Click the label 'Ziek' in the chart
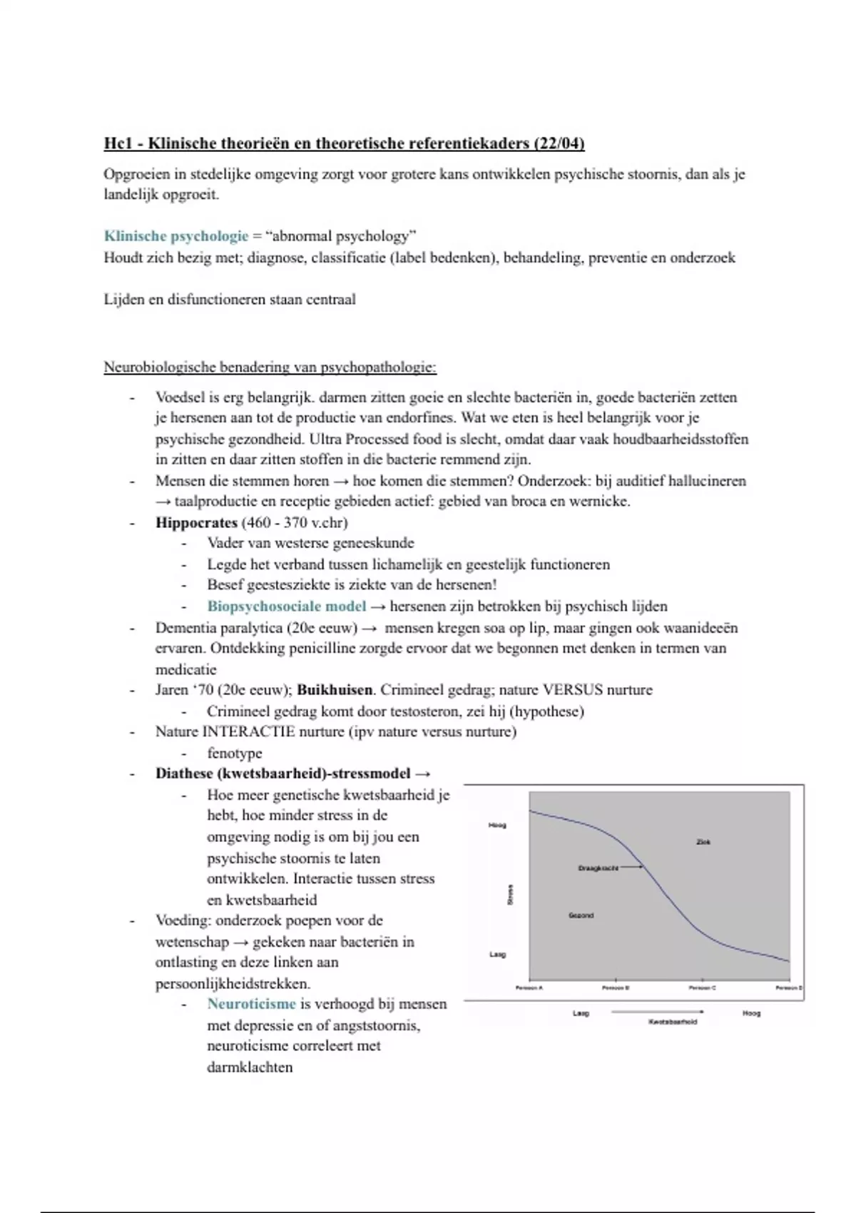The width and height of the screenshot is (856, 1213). (703, 842)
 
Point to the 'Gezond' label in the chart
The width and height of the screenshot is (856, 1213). (581, 915)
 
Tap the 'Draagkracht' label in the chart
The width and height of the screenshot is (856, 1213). (598, 868)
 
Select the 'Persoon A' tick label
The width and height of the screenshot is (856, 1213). (529, 988)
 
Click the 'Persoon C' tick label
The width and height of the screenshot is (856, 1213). (703, 988)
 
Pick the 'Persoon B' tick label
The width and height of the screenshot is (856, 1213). (616, 988)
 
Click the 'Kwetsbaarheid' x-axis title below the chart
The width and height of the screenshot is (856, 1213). (673, 1022)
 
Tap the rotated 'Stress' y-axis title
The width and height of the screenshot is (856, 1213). (510, 895)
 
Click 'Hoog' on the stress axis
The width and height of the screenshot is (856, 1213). (497, 826)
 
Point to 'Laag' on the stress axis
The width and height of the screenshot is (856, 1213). (497, 955)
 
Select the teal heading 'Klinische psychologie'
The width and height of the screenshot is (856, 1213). (175, 236)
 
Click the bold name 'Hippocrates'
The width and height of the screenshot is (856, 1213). (196, 522)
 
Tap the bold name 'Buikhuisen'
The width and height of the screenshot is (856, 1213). (335, 690)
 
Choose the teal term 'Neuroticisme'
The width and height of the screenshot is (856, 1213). (251, 1004)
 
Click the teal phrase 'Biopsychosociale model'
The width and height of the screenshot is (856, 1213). (286, 606)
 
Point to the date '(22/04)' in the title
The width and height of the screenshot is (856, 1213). (559, 143)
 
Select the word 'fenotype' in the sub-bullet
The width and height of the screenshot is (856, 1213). (235, 753)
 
